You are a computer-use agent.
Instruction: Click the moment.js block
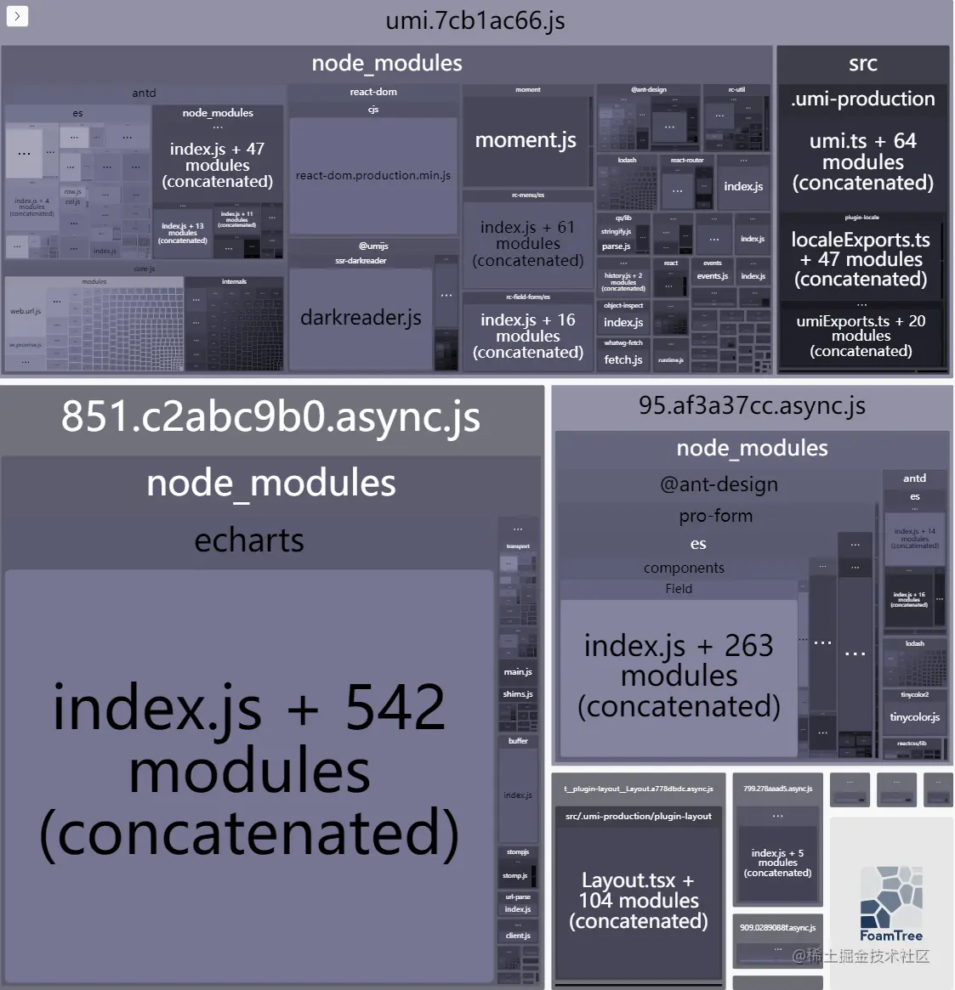click(x=526, y=140)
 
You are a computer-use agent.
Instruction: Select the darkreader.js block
click(x=361, y=318)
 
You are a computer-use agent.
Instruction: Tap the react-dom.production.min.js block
click(x=372, y=176)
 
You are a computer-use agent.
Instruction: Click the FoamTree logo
click(x=890, y=904)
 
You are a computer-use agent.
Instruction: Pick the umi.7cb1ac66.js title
click(x=475, y=20)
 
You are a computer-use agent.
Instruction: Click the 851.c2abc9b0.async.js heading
click(x=270, y=417)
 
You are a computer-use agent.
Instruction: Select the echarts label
click(x=249, y=540)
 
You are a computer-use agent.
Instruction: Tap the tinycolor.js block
click(x=914, y=717)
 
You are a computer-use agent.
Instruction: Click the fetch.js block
click(x=622, y=360)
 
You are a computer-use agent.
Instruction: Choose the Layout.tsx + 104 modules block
click(x=639, y=901)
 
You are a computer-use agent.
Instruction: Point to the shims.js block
click(x=518, y=694)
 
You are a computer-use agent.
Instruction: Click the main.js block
click(x=518, y=672)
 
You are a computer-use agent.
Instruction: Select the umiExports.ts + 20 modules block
click(x=861, y=336)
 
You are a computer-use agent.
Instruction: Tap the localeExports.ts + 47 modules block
click(x=861, y=259)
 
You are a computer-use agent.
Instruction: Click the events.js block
click(x=713, y=276)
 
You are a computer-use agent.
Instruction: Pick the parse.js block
click(x=616, y=246)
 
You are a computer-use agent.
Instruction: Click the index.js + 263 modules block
click(x=679, y=676)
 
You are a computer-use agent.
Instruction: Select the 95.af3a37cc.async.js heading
click(x=752, y=406)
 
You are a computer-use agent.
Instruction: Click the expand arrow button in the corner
click(x=17, y=15)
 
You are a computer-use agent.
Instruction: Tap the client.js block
click(x=518, y=936)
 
